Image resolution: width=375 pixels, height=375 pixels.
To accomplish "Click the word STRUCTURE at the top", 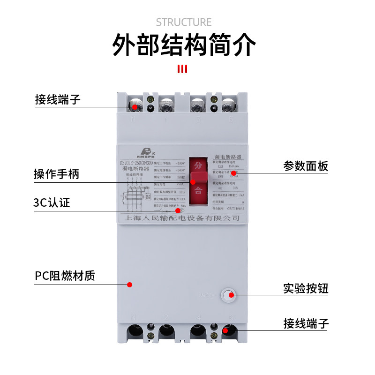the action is (184, 22).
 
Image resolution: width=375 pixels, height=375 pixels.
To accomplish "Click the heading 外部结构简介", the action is (184, 45).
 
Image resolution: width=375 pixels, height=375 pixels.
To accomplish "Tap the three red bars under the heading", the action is (183, 69).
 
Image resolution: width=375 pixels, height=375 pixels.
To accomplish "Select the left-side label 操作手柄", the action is (56, 174).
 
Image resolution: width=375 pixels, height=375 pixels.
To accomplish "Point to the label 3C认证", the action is (52, 202).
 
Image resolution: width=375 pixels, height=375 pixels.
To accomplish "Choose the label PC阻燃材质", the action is (65, 276).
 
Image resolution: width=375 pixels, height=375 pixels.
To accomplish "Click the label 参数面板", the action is (306, 166).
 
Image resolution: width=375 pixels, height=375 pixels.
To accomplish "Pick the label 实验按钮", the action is (306, 288).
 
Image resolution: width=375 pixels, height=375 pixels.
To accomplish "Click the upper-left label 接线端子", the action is (58, 99).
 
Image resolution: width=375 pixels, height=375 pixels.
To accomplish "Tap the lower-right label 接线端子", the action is (306, 323).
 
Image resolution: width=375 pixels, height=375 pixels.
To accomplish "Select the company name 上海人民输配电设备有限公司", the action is (180, 218).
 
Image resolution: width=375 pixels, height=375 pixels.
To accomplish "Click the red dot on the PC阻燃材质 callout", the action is (130, 285).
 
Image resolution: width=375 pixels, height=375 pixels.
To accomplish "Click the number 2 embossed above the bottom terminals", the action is (165, 317).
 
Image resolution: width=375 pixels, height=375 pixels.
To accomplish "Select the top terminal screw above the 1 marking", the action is (166, 105).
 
